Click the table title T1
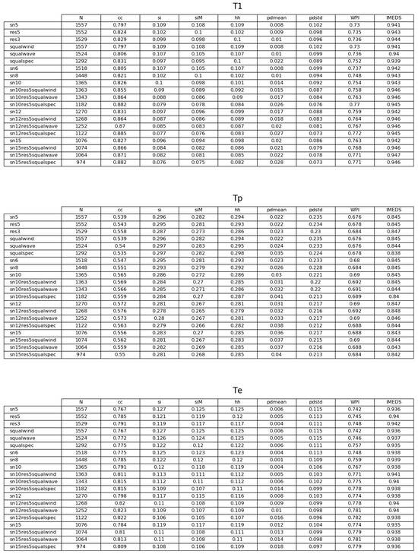click(238, 7)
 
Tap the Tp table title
click(238, 198)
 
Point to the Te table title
click(238, 391)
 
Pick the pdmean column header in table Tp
click(277, 210)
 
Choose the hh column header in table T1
click(237, 18)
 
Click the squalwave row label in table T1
click(22, 54)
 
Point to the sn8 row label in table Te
click(14, 459)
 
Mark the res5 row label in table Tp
click(15, 224)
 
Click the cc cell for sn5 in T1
click(120, 25)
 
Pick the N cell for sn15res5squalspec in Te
click(81, 546)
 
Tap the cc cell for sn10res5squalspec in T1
click(120, 104)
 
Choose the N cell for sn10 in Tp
click(81, 274)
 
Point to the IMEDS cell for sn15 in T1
click(394, 140)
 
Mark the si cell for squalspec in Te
click(159, 445)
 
